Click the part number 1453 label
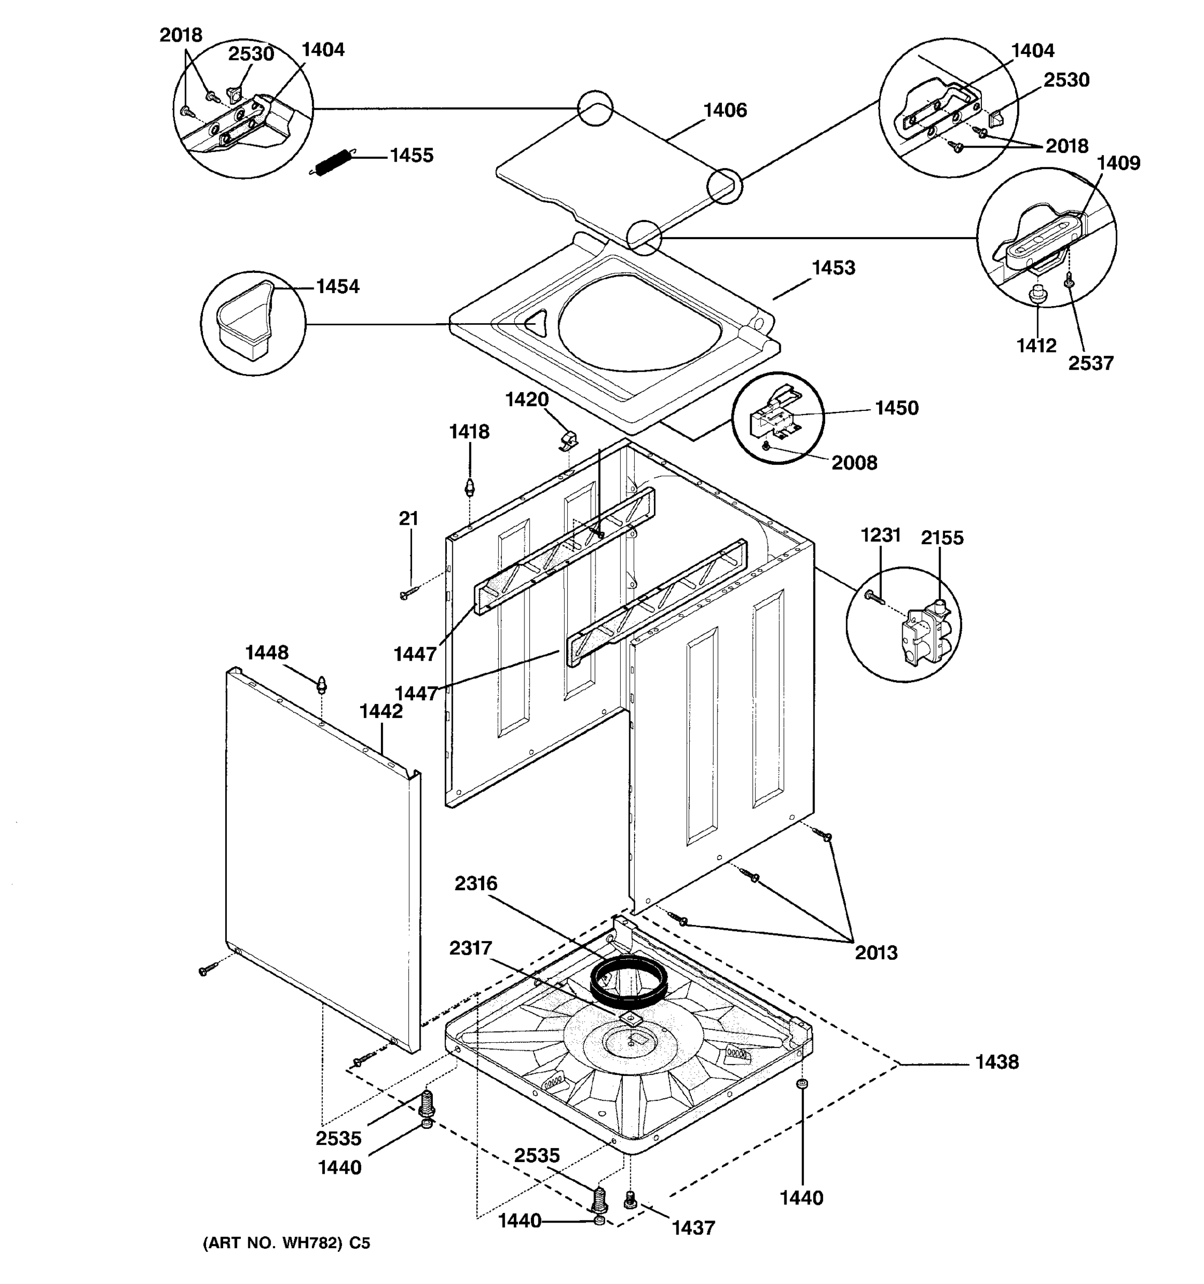pos(833,267)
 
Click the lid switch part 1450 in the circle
pos(773,414)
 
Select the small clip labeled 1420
pos(567,440)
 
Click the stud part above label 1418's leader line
pos(470,486)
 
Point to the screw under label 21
pos(407,592)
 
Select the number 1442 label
pos(380,711)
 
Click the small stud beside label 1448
pos(321,683)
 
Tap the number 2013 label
pos(876,952)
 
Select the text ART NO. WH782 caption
pos(286,1243)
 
